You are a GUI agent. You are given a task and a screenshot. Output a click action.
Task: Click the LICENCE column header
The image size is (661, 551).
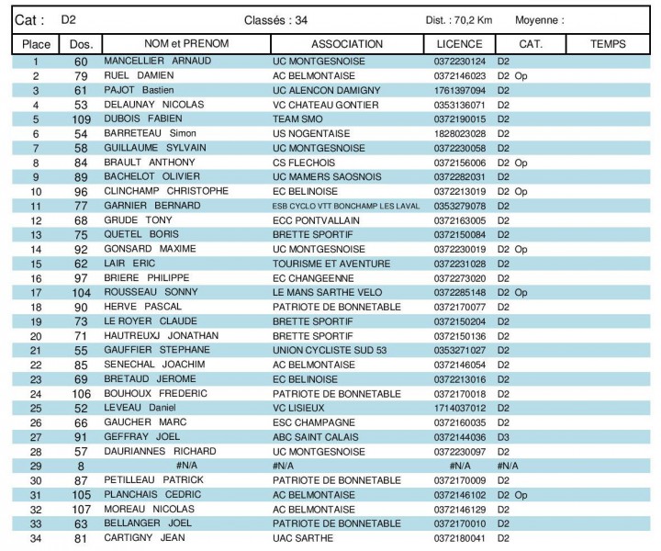tap(460, 43)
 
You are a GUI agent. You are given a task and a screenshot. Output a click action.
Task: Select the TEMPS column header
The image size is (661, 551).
tap(608, 43)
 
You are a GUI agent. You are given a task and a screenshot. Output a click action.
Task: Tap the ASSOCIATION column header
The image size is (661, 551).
tap(347, 43)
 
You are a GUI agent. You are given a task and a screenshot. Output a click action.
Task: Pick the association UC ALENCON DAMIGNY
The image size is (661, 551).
tap(327, 90)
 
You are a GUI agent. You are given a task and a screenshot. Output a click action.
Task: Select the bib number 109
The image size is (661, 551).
tap(81, 119)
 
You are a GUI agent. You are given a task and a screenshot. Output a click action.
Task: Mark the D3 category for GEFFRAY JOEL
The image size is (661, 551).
tap(503, 436)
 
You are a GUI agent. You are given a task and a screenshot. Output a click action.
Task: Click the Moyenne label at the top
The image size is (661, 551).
tap(540, 19)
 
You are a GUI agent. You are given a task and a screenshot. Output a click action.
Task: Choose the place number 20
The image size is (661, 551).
tap(36, 335)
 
